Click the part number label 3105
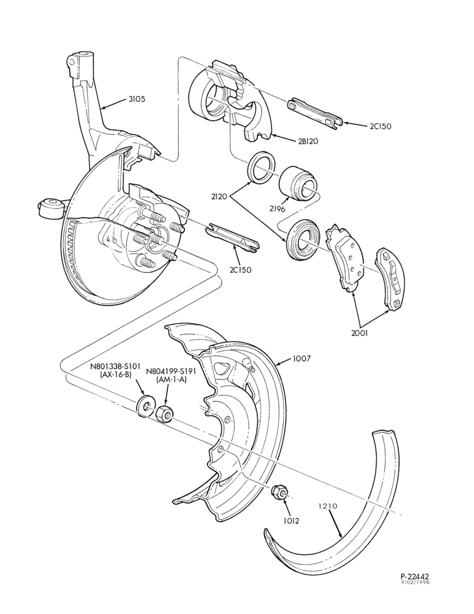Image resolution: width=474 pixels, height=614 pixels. tap(137, 99)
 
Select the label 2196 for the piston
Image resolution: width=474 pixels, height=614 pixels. tap(277, 209)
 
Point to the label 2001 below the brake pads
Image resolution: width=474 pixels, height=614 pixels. tap(360, 333)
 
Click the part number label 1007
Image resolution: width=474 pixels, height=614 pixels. tap(301, 359)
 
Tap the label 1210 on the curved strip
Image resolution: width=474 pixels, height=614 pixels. tap(328, 506)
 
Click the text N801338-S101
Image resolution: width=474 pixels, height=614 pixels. tap(115, 367)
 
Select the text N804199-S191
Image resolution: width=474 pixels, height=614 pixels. tap(171, 371)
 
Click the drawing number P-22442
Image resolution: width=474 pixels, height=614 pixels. tap(415, 577)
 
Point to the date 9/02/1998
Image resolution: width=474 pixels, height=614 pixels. tap(415, 582)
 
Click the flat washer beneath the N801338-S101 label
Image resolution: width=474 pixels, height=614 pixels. tap(146, 406)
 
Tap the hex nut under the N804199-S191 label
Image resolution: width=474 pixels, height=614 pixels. tap(165, 414)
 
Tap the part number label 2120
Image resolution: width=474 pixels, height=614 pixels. tap(219, 195)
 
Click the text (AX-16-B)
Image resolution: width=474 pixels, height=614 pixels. tap(115, 375)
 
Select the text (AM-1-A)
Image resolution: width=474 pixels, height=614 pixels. tap(171, 379)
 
